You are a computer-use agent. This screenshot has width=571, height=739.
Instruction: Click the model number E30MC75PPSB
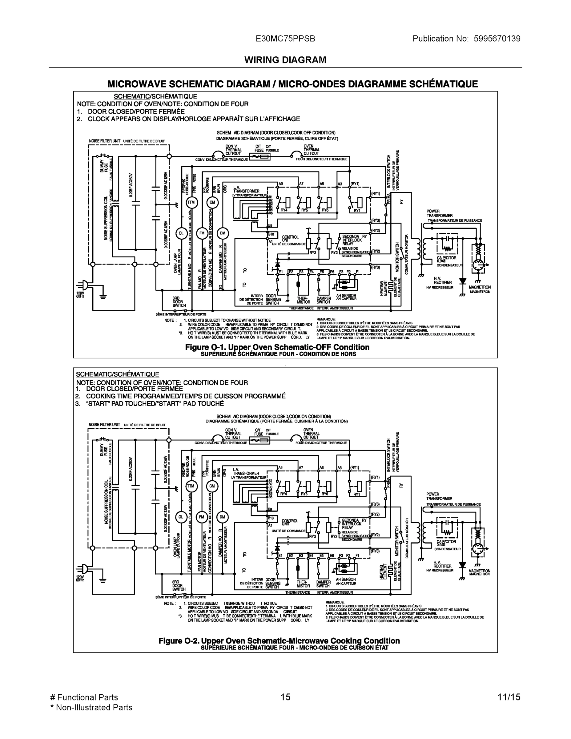tap(285, 39)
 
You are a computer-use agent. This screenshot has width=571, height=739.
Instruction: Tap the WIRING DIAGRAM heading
tap(285, 60)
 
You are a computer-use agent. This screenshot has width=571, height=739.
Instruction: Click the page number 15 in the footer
tap(285, 697)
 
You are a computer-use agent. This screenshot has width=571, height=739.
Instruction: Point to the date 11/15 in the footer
tap(509, 697)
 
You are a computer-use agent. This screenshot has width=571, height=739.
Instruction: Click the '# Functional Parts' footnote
tap(84, 697)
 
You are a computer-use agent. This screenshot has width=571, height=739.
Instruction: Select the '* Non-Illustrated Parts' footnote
tap(91, 708)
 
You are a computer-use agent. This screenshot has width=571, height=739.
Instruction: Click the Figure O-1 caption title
tap(277, 347)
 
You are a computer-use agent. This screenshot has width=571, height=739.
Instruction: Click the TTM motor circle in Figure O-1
tap(191, 202)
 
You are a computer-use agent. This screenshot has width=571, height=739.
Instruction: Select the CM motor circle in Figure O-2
tap(212, 486)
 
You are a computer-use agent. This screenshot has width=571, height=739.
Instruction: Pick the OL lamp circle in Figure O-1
tap(181, 233)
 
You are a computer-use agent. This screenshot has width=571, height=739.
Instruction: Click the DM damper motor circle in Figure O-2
tap(222, 517)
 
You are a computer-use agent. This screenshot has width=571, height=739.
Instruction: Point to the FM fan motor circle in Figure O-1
tap(202, 233)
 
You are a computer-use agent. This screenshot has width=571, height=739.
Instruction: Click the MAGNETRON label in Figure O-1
tap(479, 287)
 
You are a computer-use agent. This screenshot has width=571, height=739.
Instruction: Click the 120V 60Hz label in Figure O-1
tap(80, 294)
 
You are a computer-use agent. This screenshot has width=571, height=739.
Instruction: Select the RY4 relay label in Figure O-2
tap(283, 494)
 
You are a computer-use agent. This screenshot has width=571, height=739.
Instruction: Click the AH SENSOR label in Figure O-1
tap(346, 295)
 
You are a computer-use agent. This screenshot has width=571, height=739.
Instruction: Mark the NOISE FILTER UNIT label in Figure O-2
tap(104, 425)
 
